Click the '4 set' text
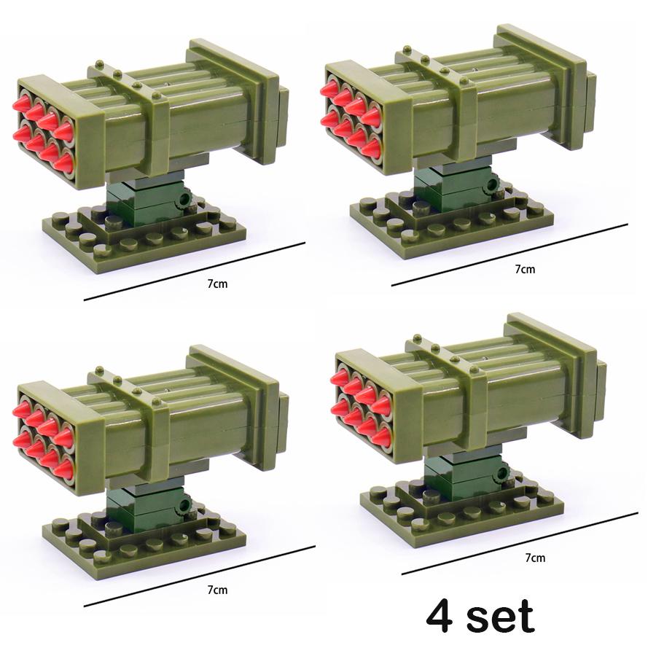(480, 617)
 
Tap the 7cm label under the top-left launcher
(216, 284)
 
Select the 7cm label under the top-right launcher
(525, 268)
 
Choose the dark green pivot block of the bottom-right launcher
(464, 477)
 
